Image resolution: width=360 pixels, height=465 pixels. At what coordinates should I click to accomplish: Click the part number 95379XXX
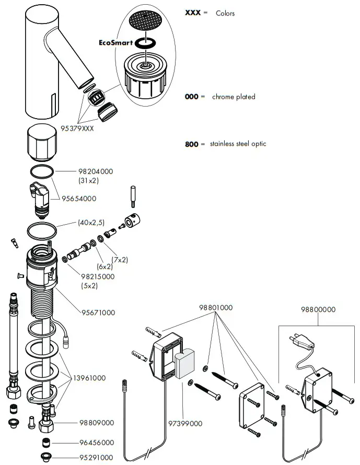[76, 129]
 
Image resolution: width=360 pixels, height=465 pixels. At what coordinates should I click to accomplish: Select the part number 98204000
[95, 171]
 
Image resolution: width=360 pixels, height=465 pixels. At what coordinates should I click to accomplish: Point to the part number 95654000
[79, 199]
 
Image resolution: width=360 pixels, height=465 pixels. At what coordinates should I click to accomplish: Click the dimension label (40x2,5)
[91, 223]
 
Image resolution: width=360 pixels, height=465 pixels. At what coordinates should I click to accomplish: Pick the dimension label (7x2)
[119, 259]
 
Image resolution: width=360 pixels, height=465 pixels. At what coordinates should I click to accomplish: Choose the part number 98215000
[98, 276]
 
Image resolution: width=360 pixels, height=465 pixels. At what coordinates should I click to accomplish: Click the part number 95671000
[98, 312]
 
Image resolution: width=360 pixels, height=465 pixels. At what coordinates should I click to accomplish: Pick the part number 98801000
[216, 308]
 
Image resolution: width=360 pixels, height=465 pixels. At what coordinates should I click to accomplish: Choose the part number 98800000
[318, 309]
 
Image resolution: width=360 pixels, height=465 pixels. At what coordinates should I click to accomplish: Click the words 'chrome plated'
[234, 97]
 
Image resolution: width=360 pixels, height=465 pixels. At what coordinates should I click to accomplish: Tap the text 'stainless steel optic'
[238, 144]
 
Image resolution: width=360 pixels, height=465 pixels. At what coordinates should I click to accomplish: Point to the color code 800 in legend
[191, 144]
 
